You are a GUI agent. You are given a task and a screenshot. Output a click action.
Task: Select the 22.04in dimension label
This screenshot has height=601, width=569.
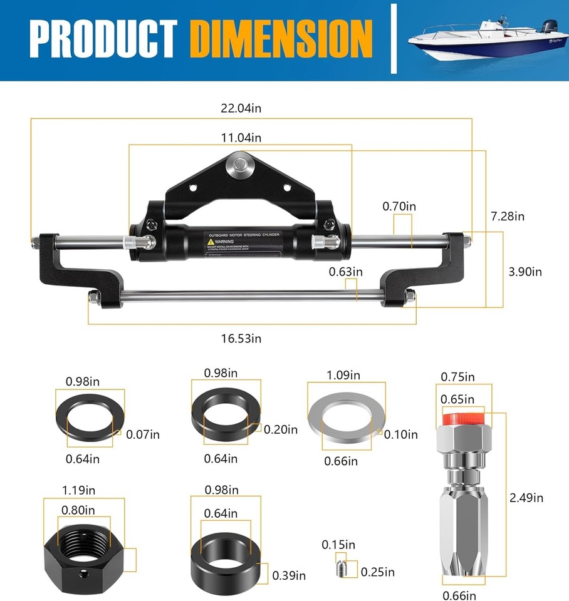[x=241, y=108]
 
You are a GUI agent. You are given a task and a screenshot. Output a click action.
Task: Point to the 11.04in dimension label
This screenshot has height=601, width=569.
[x=241, y=137]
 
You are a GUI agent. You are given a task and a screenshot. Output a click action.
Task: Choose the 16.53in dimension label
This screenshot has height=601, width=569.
[x=241, y=338]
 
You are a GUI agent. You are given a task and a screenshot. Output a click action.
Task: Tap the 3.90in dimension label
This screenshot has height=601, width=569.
[x=524, y=271]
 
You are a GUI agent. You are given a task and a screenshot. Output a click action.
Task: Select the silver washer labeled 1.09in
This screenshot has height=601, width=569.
[x=347, y=419]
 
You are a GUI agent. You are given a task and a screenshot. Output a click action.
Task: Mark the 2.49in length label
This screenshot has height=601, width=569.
[x=525, y=498]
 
